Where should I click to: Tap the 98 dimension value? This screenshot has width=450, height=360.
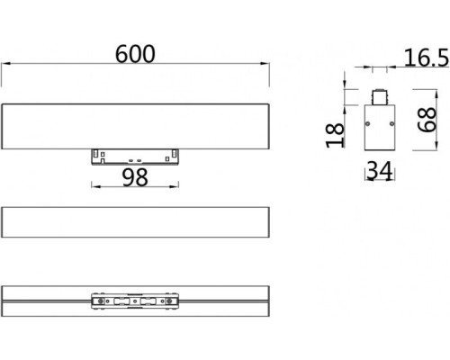[134, 177]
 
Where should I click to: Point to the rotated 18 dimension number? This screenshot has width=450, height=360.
[336, 135]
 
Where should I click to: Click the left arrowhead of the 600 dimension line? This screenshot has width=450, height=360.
[4, 66]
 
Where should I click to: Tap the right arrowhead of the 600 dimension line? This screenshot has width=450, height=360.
[268, 66]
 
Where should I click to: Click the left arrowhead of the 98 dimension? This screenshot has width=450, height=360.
[93, 187]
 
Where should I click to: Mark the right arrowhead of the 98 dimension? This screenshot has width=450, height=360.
[178, 187]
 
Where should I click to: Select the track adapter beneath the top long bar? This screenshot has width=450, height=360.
[135, 155]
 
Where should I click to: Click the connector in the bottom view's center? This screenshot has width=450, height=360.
[135, 301]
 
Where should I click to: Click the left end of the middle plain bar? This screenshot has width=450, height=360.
[4, 222]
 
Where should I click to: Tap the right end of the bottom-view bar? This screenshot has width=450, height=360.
[269, 301]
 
